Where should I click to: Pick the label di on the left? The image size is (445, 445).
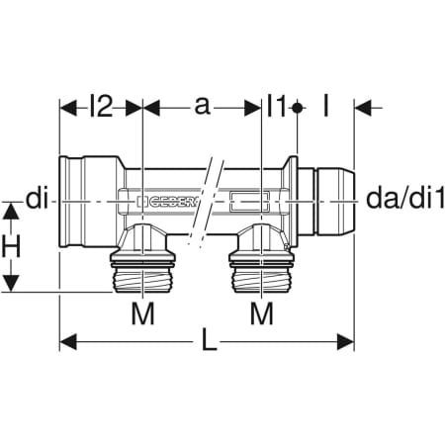[x=37, y=202]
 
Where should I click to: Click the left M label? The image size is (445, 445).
[x=143, y=314]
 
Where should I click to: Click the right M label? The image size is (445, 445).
[x=261, y=314]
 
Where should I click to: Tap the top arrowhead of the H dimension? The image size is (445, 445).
[x=11, y=208]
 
